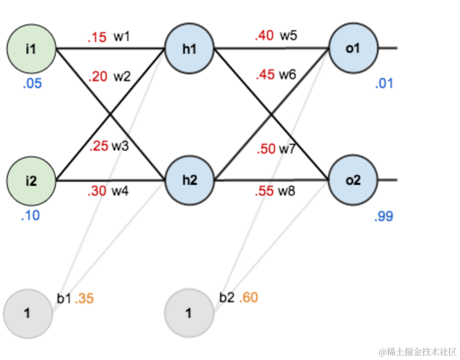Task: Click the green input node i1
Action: tap(30, 49)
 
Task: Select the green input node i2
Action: tap(30, 181)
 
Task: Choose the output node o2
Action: tap(353, 180)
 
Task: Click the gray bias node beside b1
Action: tap(27, 313)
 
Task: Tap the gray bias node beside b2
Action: tap(189, 313)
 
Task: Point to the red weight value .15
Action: tap(97, 37)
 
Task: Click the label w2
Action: tap(122, 77)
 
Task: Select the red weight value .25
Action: tap(99, 147)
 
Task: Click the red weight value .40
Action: tap(264, 36)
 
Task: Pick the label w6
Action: tap(287, 75)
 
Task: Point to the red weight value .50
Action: tap(266, 149)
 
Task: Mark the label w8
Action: tap(287, 192)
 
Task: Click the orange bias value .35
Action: tap(84, 298)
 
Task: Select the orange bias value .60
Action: tap(249, 297)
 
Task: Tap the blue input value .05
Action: tap(32, 84)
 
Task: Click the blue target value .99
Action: tap(384, 216)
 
